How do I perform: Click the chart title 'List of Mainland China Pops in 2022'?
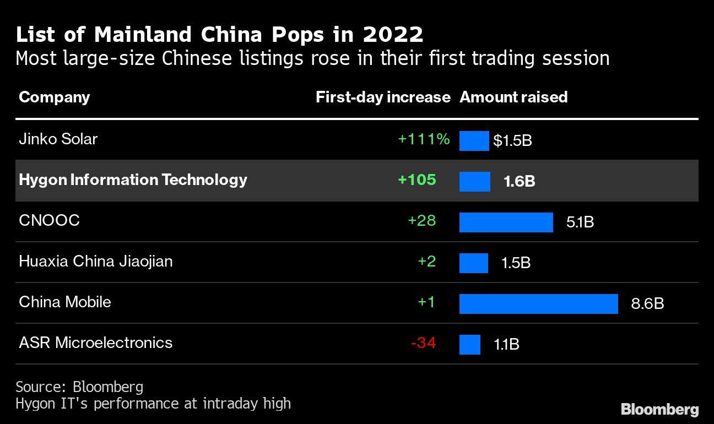tap(219, 34)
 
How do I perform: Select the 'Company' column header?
tap(54, 97)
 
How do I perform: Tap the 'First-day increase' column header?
tap(383, 97)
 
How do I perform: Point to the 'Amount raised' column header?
tap(513, 97)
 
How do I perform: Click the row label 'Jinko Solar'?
tap(58, 139)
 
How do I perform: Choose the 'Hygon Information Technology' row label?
tap(133, 180)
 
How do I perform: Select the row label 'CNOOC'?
tap(49, 220)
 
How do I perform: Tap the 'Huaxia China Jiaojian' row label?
tap(95, 261)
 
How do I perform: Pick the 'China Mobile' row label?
tap(64, 302)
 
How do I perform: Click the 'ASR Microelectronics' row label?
tap(95, 343)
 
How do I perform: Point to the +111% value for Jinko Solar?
tap(424, 139)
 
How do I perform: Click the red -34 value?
tap(423, 343)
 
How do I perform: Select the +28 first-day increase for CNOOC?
tap(421, 221)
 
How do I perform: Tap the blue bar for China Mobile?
tap(538, 304)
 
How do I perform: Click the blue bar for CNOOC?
tap(506, 222)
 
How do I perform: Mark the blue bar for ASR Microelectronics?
tap(469, 345)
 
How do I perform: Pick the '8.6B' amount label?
tap(647, 303)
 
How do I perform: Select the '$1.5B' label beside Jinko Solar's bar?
tap(512, 141)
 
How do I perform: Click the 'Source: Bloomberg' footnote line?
tap(79, 387)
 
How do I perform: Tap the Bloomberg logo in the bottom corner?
tap(659, 410)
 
